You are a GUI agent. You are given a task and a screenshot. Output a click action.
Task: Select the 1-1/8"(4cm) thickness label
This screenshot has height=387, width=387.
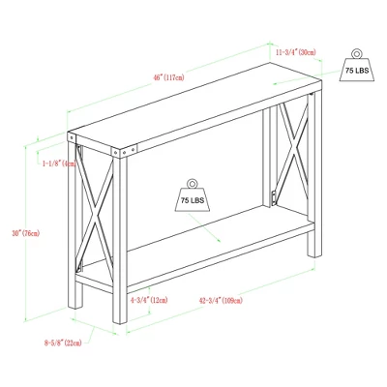55,164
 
